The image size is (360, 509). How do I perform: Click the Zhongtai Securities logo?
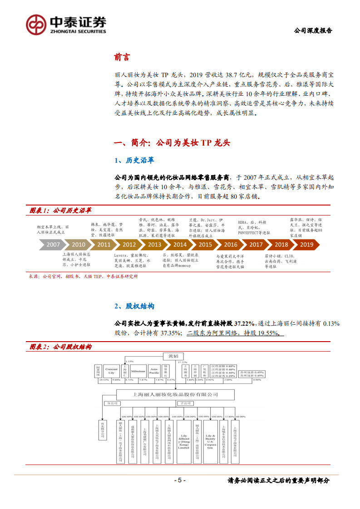(66, 22)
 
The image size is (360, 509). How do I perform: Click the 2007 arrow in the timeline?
(53, 244)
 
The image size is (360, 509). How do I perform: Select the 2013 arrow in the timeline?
(154, 244)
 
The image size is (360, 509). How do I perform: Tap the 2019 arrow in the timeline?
(306, 244)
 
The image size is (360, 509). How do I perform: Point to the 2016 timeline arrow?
(230, 244)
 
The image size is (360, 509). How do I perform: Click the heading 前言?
(122, 58)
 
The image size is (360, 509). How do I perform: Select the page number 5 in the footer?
(180, 480)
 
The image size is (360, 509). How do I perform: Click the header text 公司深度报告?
(313, 31)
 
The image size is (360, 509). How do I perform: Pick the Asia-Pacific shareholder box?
(154, 371)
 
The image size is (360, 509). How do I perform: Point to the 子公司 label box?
(186, 402)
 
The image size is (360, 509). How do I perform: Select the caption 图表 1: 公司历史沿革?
(60, 210)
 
